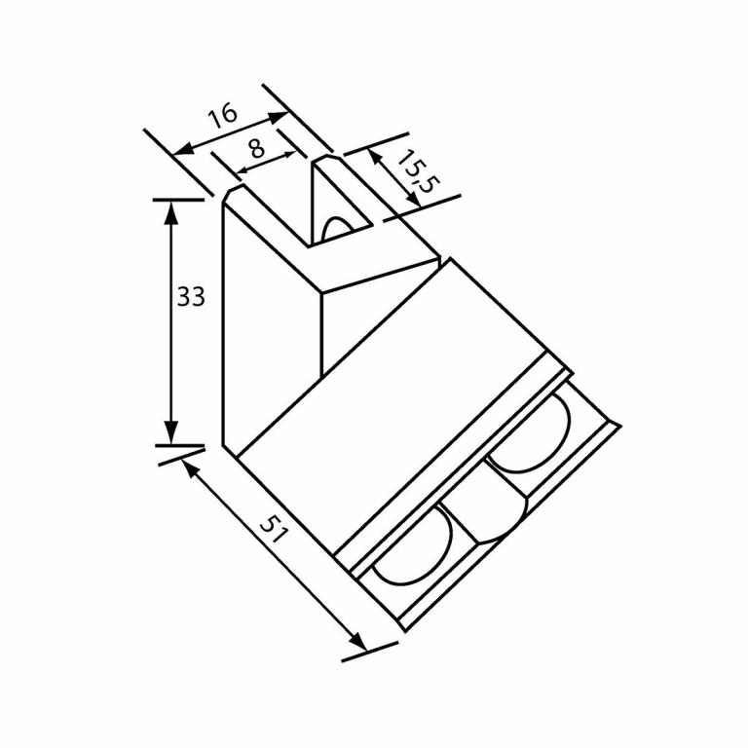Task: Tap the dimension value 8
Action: click(255, 149)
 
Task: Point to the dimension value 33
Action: click(191, 296)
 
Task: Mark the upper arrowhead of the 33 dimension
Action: click(171, 209)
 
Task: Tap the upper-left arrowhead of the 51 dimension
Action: click(188, 467)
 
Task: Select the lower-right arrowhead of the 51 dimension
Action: click(359, 644)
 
